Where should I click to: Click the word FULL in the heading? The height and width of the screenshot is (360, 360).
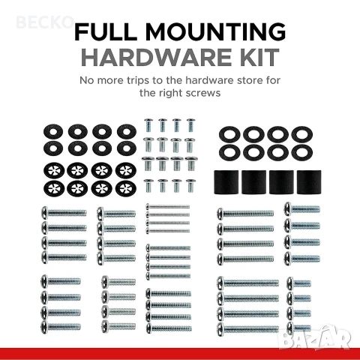click(106, 31)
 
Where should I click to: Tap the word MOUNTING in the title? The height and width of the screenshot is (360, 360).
click(215, 31)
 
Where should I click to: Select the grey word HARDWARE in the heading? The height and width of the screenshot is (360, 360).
click(156, 57)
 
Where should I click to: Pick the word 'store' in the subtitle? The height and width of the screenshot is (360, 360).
click(250, 81)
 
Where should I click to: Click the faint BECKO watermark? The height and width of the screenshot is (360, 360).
click(44, 22)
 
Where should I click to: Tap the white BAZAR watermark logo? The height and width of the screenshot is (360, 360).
click(314, 337)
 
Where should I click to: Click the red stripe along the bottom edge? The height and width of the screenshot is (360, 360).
click(180, 354)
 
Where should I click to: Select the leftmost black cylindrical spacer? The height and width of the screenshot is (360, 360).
click(226, 182)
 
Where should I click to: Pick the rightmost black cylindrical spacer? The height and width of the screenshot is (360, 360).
click(309, 182)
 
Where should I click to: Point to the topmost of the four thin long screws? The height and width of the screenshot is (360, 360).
click(167, 207)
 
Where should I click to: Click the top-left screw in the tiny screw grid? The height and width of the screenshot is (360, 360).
click(148, 125)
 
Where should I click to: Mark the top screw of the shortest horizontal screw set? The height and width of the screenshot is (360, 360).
click(298, 283)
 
